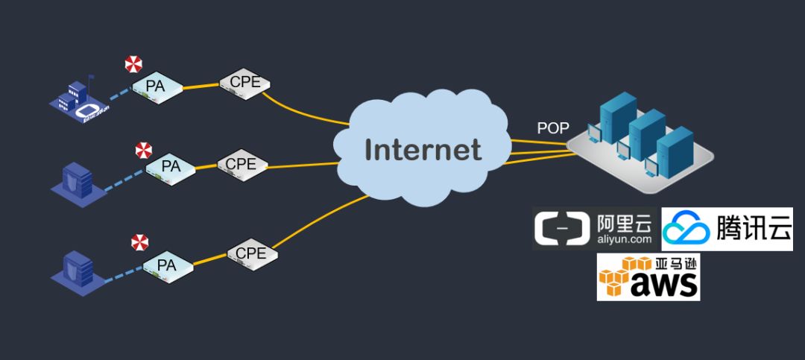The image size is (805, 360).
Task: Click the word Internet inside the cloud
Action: [423, 150]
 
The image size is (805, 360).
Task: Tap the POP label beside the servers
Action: [553, 127]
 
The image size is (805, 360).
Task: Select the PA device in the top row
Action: [157, 87]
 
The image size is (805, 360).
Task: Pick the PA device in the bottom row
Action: [167, 265]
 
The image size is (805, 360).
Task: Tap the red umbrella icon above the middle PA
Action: [143, 151]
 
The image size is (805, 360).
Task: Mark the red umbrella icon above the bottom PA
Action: [139, 241]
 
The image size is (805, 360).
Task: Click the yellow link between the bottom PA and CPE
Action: [210, 257]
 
